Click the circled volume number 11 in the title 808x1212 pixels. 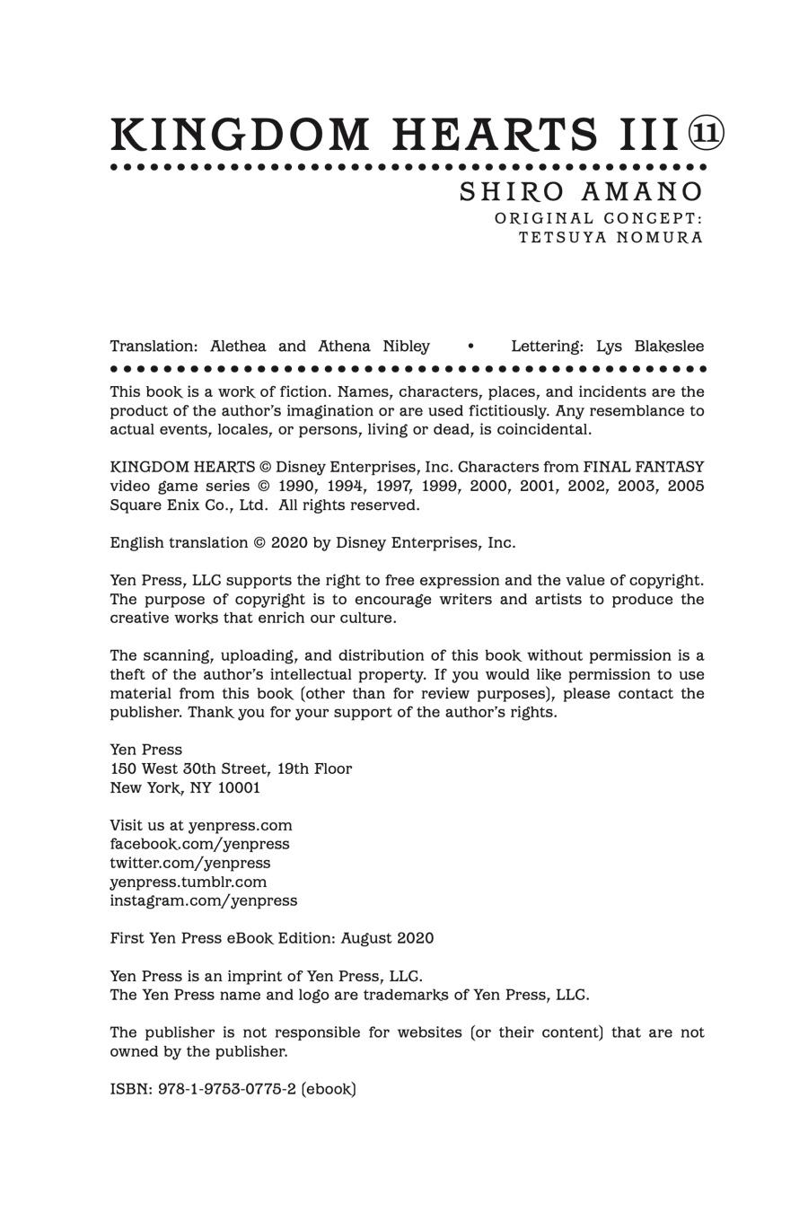point(706,134)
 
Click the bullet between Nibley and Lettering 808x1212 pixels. point(471,347)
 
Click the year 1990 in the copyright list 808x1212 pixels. point(299,486)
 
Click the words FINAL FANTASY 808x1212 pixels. point(644,467)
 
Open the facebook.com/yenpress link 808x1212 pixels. point(199,844)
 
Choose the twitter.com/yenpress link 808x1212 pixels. point(189,863)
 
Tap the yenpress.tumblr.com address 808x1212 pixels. point(189,882)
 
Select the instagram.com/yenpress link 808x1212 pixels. point(203,900)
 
